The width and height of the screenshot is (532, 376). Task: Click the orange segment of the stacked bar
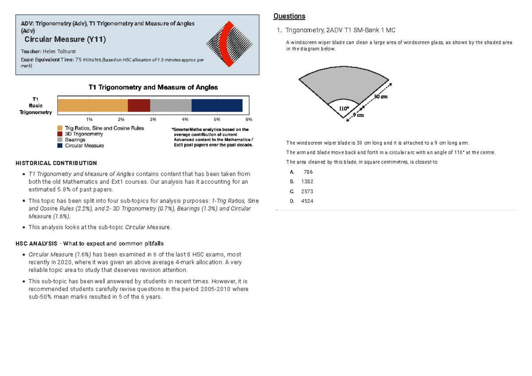(x=92, y=105)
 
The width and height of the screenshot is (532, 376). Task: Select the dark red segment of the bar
(x=139, y=105)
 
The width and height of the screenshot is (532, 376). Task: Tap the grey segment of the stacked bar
(x=171, y=105)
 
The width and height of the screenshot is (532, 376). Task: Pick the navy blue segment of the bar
(x=217, y=105)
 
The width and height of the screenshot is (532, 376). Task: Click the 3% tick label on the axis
(x=153, y=120)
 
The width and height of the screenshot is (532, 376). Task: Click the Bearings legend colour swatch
(x=60, y=140)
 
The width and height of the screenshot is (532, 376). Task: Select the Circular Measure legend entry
(x=84, y=145)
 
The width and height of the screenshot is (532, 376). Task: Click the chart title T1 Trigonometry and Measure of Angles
(x=153, y=87)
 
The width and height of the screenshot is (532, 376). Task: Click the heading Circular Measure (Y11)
(x=65, y=39)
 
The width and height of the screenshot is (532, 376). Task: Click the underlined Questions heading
(x=289, y=16)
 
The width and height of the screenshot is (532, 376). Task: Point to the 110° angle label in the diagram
(x=344, y=108)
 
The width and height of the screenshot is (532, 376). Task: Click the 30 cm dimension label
(x=380, y=97)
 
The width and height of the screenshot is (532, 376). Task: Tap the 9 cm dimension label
(x=358, y=115)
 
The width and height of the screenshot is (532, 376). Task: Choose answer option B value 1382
(x=307, y=182)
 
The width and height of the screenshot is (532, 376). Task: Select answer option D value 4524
(x=307, y=201)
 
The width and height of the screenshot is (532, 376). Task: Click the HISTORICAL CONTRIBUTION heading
(x=56, y=163)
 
